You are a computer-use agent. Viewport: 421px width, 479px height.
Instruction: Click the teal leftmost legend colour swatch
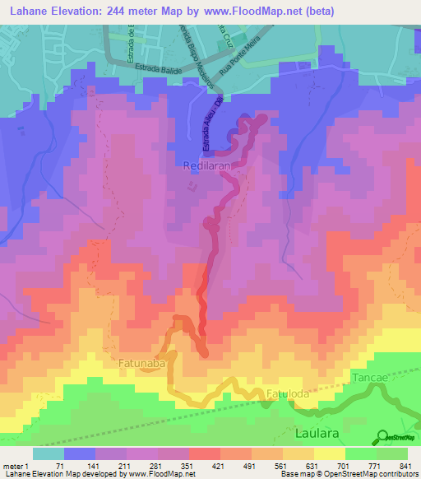49,453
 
